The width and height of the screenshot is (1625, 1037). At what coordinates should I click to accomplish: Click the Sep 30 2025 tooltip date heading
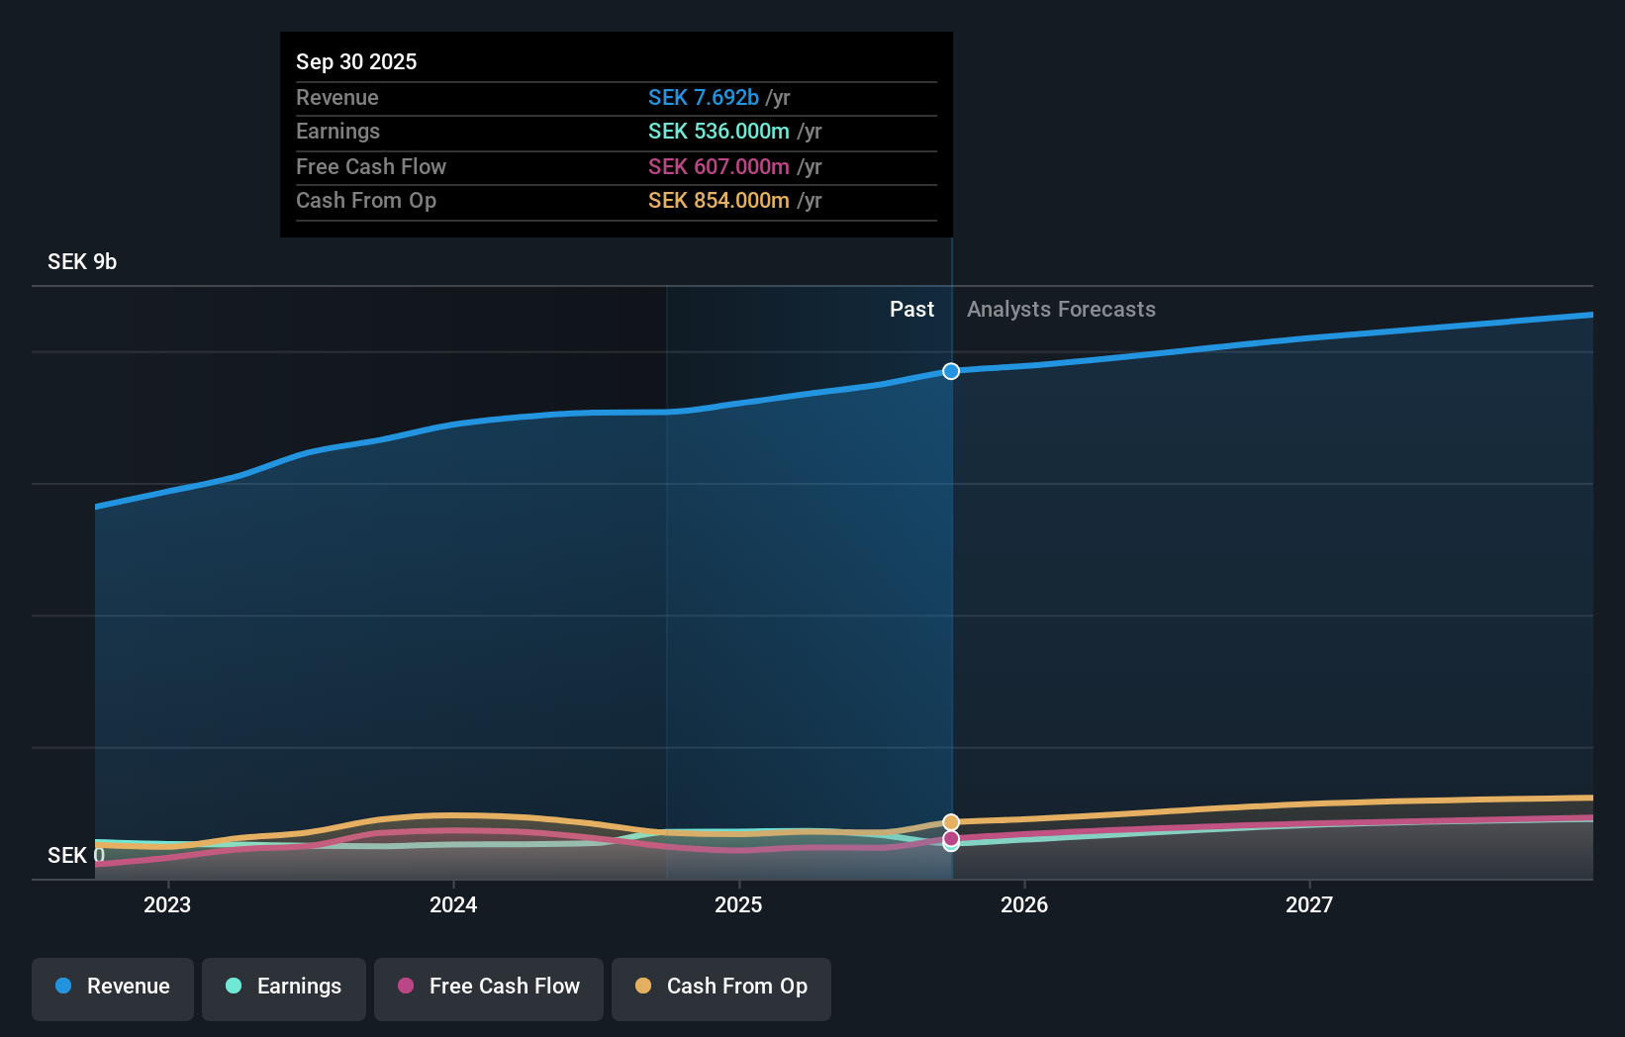(x=356, y=61)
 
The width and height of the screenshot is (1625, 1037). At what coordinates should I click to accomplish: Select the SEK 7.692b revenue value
(x=704, y=97)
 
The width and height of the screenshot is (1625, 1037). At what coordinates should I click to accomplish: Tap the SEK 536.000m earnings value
(x=718, y=132)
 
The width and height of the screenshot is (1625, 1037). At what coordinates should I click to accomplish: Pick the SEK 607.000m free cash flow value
(x=718, y=166)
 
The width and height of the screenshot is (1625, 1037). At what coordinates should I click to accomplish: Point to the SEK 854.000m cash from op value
(x=718, y=201)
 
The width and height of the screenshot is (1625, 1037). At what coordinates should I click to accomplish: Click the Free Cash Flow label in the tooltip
(x=371, y=166)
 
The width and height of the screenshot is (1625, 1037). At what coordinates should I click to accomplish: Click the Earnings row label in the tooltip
(x=337, y=132)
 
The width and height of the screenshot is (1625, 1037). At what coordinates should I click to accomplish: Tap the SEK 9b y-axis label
(x=82, y=261)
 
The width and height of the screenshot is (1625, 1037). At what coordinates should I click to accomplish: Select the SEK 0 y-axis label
(x=75, y=855)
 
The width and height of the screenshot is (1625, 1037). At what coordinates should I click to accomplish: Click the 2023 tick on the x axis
(x=167, y=904)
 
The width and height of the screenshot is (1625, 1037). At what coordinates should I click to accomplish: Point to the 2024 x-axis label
(x=453, y=904)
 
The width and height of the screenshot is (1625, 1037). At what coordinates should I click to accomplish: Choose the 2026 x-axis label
(x=1024, y=904)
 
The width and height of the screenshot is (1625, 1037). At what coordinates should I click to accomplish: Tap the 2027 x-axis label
(x=1309, y=904)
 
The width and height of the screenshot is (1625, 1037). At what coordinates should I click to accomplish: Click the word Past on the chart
(x=911, y=310)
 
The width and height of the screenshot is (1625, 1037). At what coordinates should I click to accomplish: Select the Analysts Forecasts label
(x=1061, y=310)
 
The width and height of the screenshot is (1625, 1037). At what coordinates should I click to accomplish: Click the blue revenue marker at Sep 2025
(x=951, y=371)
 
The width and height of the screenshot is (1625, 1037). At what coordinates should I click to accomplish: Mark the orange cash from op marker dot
(x=951, y=822)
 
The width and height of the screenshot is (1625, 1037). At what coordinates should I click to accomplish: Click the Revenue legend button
(x=113, y=987)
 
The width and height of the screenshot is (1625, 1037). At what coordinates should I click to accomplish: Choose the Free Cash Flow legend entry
(x=489, y=987)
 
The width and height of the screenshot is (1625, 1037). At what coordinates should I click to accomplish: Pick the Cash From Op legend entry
(x=721, y=987)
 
